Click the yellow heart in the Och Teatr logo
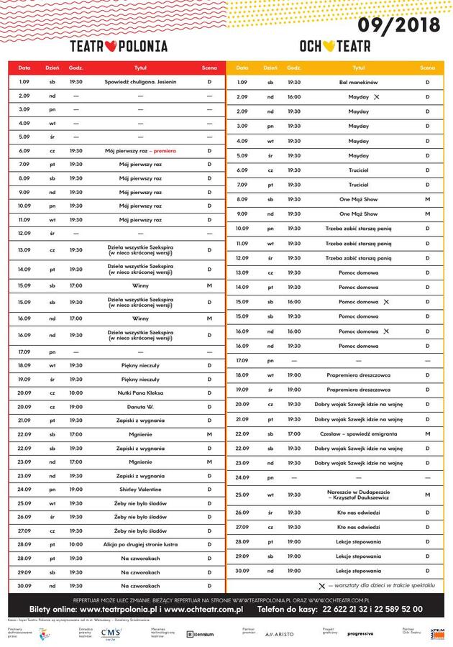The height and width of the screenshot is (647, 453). (x=328, y=47)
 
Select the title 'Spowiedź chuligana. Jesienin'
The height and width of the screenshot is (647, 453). (x=140, y=82)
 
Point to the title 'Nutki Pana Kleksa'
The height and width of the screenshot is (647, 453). (x=140, y=393)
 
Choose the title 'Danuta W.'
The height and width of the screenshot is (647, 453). (x=140, y=407)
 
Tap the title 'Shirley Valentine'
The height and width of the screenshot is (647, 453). (x=140, y=490)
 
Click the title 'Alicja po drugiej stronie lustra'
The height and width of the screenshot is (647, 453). (x=140, y=544)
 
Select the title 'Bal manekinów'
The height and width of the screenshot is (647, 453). (x=358, y=83)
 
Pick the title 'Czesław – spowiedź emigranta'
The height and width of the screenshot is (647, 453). (x=358, y=433)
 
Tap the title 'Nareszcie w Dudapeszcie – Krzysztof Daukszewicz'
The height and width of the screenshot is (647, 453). (x=358, y=495)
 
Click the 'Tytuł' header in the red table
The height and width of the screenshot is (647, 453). (x=140, y=68)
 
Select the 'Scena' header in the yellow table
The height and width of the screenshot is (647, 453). (x=427, y=68)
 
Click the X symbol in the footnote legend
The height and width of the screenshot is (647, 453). (x=321, y=586)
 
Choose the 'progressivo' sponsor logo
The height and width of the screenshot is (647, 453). (x=360, y=633)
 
